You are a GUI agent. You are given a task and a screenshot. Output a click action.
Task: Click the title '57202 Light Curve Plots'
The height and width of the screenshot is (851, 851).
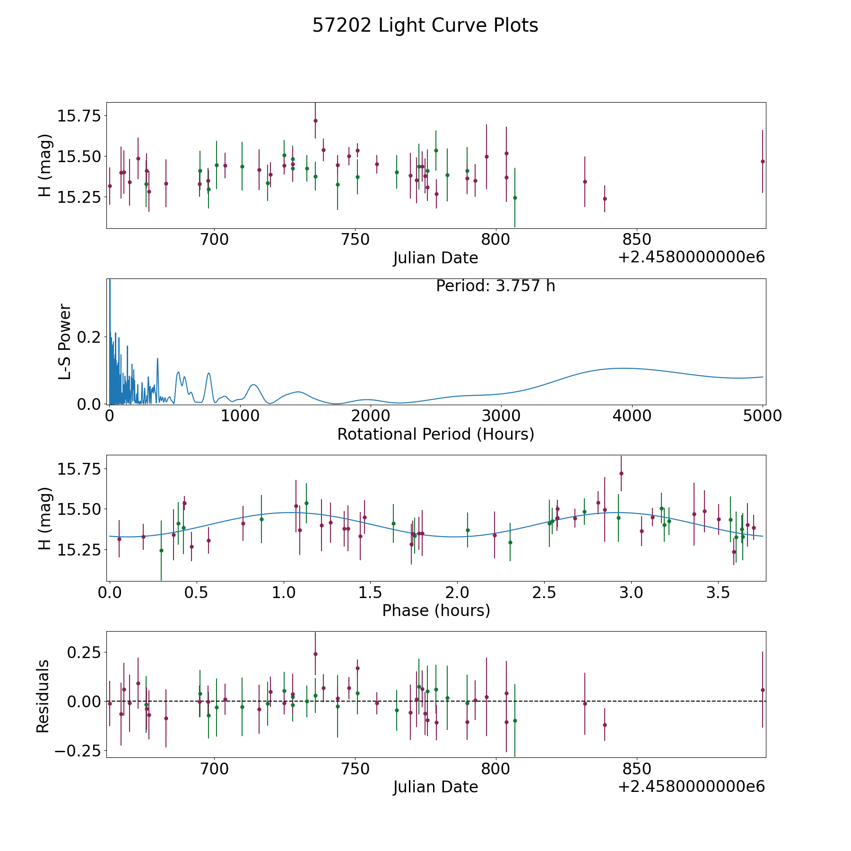425,26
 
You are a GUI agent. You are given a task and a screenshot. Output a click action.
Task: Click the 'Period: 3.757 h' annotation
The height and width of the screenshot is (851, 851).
495,286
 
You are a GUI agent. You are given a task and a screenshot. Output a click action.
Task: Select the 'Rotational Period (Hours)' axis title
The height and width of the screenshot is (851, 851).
435,434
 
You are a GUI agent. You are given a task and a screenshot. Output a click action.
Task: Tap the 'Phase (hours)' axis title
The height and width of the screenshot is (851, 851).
436,610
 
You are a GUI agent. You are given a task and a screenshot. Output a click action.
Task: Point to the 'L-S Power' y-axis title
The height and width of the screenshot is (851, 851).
65,341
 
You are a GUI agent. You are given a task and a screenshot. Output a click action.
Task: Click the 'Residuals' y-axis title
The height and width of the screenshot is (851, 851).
43,696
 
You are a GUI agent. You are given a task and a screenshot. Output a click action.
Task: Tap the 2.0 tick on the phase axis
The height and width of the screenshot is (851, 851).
457,593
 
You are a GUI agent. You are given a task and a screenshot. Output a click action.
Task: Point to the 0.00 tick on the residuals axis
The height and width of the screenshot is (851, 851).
85,701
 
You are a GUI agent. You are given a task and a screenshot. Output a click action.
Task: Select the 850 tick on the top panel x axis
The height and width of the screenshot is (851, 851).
636,240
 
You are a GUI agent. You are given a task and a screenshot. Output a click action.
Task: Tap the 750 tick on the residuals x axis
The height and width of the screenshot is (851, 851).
355,769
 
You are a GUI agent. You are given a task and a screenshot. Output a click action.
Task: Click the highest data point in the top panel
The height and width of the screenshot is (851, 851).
315,121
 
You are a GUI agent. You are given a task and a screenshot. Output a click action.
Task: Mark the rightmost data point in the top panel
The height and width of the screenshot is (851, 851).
763,161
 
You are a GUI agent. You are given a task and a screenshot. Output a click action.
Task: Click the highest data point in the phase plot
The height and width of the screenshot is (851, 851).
621,473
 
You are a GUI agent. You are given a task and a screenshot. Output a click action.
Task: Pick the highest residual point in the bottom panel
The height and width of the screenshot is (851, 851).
315,654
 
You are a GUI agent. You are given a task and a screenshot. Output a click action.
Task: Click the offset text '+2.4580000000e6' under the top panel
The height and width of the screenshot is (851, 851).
692,258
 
